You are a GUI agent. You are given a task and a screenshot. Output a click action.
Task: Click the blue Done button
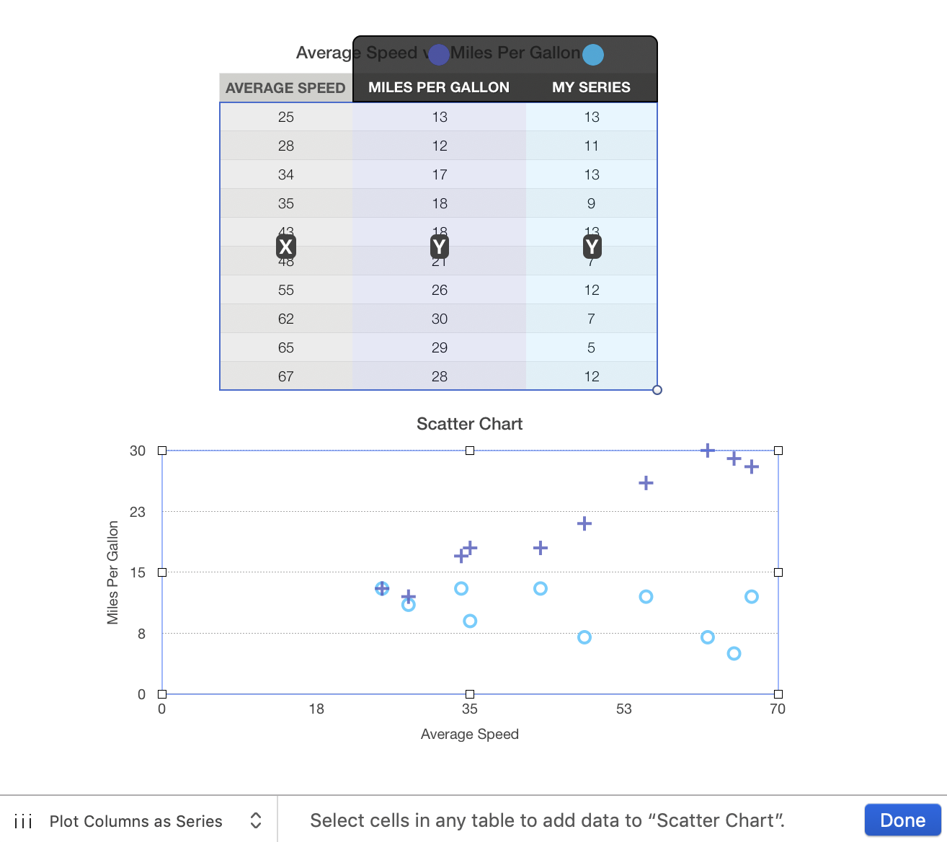coord(902,820)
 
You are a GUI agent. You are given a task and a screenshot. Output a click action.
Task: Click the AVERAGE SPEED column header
coord(285,88)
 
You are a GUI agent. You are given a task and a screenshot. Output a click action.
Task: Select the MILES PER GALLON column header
coord(439,87)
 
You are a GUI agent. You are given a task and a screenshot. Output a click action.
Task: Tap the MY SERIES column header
coord(591,87)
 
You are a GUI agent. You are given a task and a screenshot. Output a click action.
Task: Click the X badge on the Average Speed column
coord(285,247)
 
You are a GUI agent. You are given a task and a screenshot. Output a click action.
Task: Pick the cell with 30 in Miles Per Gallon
coord(440,319)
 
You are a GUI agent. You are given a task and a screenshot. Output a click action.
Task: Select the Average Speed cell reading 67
coord(286,376)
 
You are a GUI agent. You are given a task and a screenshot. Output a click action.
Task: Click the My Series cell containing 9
coord(591,203)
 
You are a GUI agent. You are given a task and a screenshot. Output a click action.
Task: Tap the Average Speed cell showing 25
coord(286,117)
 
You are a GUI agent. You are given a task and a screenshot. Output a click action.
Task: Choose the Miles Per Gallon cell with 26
coord(440,290)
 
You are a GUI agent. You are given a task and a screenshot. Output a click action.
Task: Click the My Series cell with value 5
coord(591,347)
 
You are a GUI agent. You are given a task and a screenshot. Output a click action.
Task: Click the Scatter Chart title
coord(469,424)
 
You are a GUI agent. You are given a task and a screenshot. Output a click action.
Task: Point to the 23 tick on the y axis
coord(137,512)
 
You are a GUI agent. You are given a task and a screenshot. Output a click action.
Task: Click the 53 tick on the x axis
coord(623,709)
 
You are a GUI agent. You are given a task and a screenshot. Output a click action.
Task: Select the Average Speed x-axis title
coord(469,734)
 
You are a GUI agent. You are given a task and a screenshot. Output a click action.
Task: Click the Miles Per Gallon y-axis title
coord(112,572)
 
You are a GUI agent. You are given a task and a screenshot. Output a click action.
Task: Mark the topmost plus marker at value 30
coord(708,451)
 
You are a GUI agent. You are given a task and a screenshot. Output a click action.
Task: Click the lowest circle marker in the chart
coord(734,654)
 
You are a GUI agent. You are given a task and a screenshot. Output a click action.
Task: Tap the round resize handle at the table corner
coord(657,390)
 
